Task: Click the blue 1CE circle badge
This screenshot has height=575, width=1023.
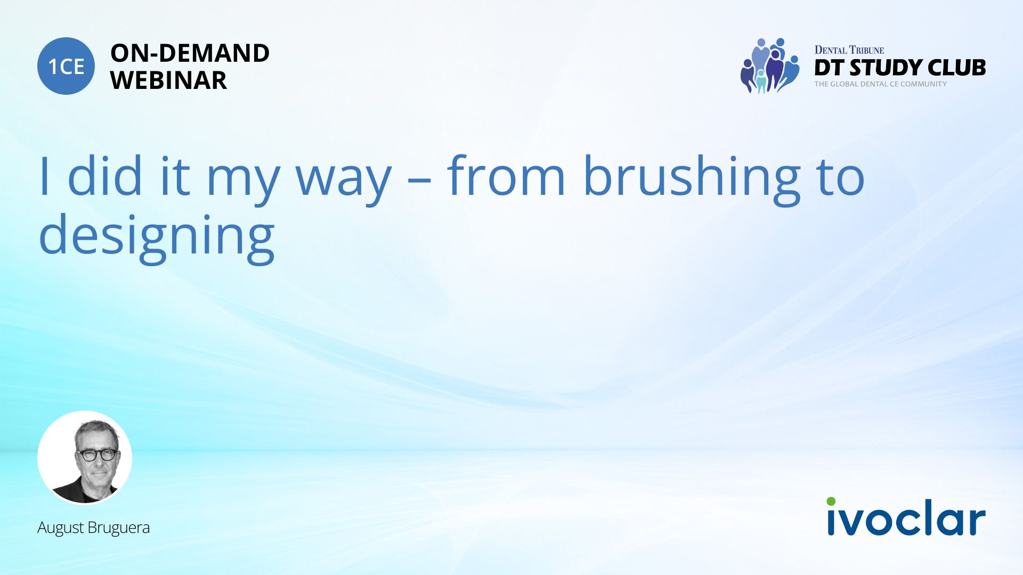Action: (66, 66)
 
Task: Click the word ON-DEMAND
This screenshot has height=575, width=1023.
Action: (190, 53)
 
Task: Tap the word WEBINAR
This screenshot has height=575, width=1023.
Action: (168, 80)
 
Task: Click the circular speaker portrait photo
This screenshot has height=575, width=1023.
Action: (85, 457)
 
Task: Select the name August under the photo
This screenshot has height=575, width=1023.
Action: (61, 528)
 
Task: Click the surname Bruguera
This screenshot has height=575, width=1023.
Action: (119, 528)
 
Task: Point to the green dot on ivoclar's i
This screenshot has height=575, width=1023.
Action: (831, 502)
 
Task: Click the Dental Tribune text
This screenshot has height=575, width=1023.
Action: (849, 50)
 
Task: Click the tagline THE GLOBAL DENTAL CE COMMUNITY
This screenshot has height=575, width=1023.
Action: (881, 84)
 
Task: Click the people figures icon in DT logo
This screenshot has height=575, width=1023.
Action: (770, 65)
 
